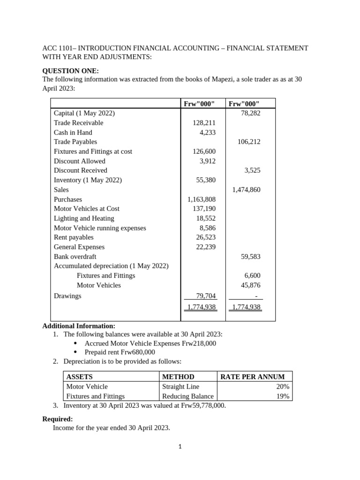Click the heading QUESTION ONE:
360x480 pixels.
click(x=70, y=71)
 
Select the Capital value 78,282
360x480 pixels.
click(x=250, y=113)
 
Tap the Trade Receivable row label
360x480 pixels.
click(x=78, y=123)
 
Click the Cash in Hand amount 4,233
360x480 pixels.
click(x=208, y=132)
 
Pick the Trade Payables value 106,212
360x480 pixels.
click(x=248, y=142)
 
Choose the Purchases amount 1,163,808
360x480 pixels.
click(x=202, y=199)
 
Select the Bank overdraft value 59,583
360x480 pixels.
click(x=250, y=256)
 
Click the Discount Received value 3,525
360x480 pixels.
click(x=252, y=171)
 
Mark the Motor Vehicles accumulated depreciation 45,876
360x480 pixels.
click(x=250, y=285)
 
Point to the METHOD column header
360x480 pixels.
click(x=178, y=377)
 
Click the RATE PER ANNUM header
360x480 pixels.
click(x=252, y=377)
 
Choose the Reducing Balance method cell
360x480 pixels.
click(x=187, y=396)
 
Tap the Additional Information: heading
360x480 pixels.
click(x=79, y=326)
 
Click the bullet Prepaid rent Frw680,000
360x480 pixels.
click(x=120, y=352)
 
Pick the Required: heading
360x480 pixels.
click(x=58, y=419)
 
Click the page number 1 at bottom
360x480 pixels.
click(x=180, y=447)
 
